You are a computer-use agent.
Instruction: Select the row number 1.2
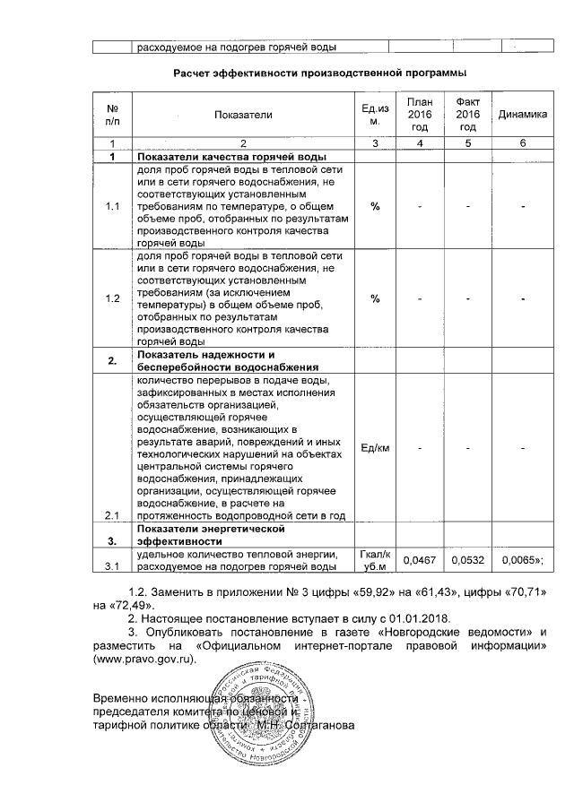point(112,298)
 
